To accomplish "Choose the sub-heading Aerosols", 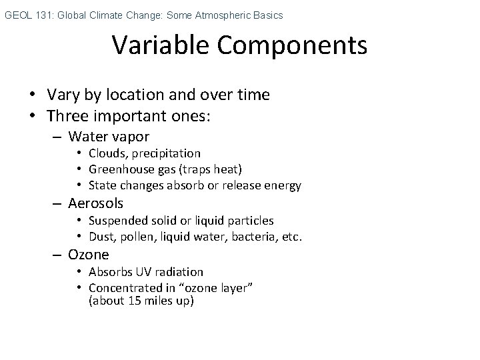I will tap(95, 203).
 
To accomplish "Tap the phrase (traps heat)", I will tap(211, 169).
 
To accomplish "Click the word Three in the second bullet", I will tap(68, 116).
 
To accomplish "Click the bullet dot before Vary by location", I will tap(33, 95).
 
